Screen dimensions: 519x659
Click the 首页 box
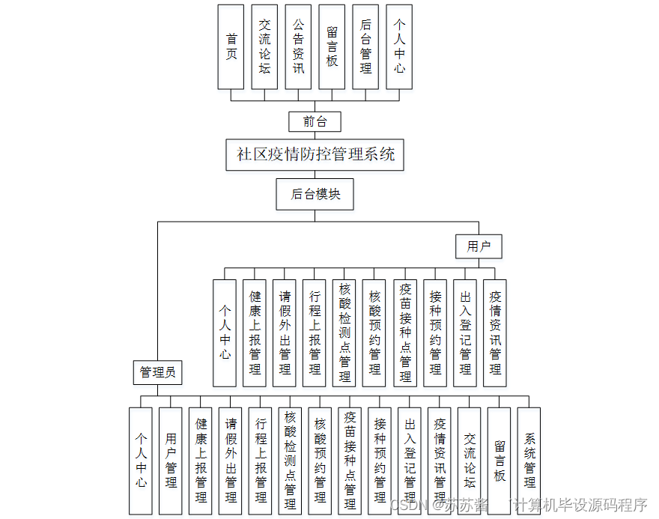tap(231, 46)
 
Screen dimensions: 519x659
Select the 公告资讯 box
tap(298, 46)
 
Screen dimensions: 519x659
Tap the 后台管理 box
tap(365, 46)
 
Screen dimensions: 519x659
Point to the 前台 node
tap(315, 121)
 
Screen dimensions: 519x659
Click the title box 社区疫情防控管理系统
tap(315, 154)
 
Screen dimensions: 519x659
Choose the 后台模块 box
tap(315, 194)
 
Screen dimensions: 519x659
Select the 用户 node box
tap(479, 246)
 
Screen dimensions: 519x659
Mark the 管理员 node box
tap(157, 371)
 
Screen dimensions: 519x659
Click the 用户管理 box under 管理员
tap(171, 461)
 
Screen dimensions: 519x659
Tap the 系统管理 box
tap(529, 461)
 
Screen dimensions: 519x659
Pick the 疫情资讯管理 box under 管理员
tap(440, 461)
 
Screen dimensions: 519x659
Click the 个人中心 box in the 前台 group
tap(399, 46)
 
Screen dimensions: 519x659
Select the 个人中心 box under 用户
tap(225, 333)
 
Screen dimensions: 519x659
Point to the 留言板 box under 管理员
tap(499, 461)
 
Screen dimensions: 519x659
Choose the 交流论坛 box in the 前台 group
tap(264, 46)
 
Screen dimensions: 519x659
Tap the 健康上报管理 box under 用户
tap(255, 333)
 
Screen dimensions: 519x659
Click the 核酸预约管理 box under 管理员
tap(320, 461)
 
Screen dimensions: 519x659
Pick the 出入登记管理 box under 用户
tap(465, 333)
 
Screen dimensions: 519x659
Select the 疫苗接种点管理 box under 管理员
tap(350, 461)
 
